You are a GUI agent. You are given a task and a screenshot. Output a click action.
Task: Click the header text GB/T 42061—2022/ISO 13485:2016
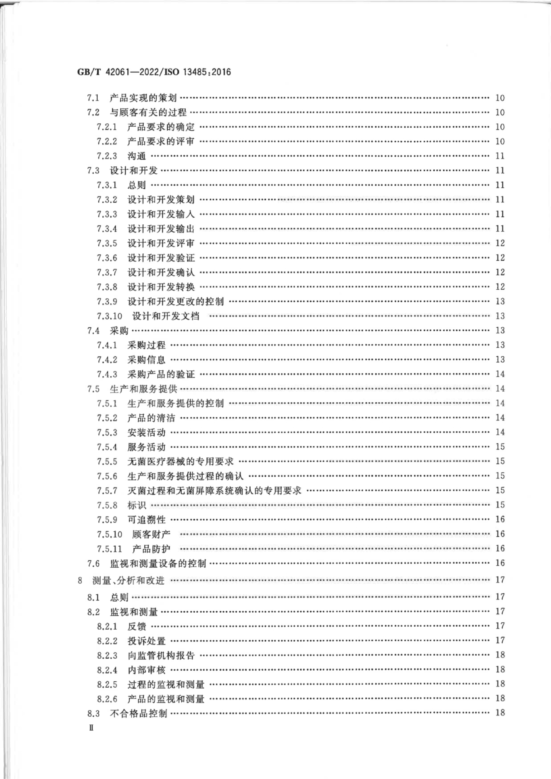coord(154,72)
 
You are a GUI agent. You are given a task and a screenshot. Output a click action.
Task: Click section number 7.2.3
coord(107,156)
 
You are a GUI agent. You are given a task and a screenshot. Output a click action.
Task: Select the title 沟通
coord(137,156)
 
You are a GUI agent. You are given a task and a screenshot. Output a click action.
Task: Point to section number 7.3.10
coord(109,316)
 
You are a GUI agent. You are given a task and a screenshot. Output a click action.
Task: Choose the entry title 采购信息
coord(147,360)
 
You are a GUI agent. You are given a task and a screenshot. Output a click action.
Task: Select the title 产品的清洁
coord(151,418)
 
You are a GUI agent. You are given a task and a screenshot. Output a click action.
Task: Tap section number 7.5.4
coord(107,447)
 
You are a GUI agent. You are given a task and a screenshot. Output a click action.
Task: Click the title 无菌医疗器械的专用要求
coord(180,462)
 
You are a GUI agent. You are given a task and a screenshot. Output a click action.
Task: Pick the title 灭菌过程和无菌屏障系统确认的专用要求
coord(214,491)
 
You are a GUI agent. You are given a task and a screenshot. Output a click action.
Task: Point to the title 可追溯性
coord(147,520)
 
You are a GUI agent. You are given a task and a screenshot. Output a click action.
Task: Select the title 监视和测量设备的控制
coord(158,564)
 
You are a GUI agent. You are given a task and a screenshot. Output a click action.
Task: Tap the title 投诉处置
coord(147,641)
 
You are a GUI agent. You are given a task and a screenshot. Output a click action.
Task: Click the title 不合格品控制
coord(139,713)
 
